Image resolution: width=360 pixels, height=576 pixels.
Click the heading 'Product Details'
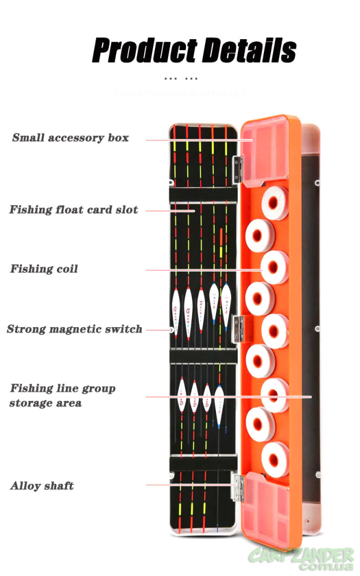[194, 51]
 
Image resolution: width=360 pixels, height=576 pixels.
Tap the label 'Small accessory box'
[70, 138]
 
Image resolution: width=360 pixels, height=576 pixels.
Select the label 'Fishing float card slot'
[74, 210]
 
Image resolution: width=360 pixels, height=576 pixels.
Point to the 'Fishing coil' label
[44, 269]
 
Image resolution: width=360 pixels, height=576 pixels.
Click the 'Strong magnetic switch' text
[74, 329]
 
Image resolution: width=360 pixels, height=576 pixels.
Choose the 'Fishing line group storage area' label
[62, 395]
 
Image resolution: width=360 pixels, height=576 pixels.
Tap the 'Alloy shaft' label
[42, 486]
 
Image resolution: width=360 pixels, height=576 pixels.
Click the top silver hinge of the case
[237, 171]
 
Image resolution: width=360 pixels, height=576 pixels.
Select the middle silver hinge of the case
[238, 328]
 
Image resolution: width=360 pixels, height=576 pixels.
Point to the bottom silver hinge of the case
[238, 487]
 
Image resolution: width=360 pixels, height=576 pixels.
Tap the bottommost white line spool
[275, 459]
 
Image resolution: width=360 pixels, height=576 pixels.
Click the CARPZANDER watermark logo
[300, 559]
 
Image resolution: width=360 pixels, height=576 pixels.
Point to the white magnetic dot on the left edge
[172, 330]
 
